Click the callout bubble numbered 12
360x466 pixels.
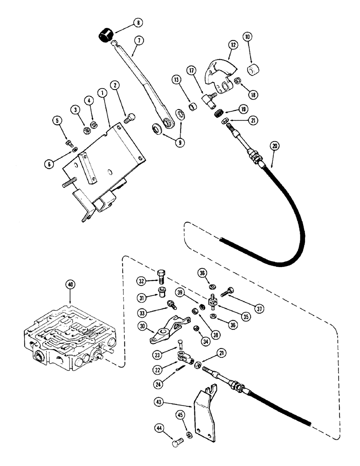pos(233,45)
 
